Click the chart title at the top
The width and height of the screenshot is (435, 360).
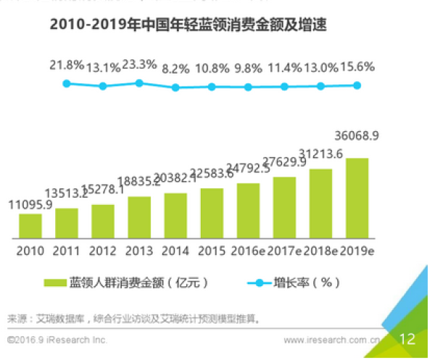tap(188, 26)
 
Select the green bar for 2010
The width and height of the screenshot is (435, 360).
tap(30, 226)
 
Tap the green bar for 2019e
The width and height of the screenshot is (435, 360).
tap(357, 198)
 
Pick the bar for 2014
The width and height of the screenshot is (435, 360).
tap(175, 216)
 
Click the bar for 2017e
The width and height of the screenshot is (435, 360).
tap(284, 207)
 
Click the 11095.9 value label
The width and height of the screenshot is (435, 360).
tap(30, 205)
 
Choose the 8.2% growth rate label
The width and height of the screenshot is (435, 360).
tap(175, 70)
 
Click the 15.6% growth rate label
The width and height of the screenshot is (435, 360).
tap(357, 67)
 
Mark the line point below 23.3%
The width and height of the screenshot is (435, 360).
tap(139, 83)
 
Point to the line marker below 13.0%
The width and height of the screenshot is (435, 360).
tap(320, 85)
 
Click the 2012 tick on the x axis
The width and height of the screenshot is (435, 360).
tap(103, 251)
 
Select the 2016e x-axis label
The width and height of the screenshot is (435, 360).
tap(249, 251)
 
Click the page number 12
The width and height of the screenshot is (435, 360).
tap(407, 339)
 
